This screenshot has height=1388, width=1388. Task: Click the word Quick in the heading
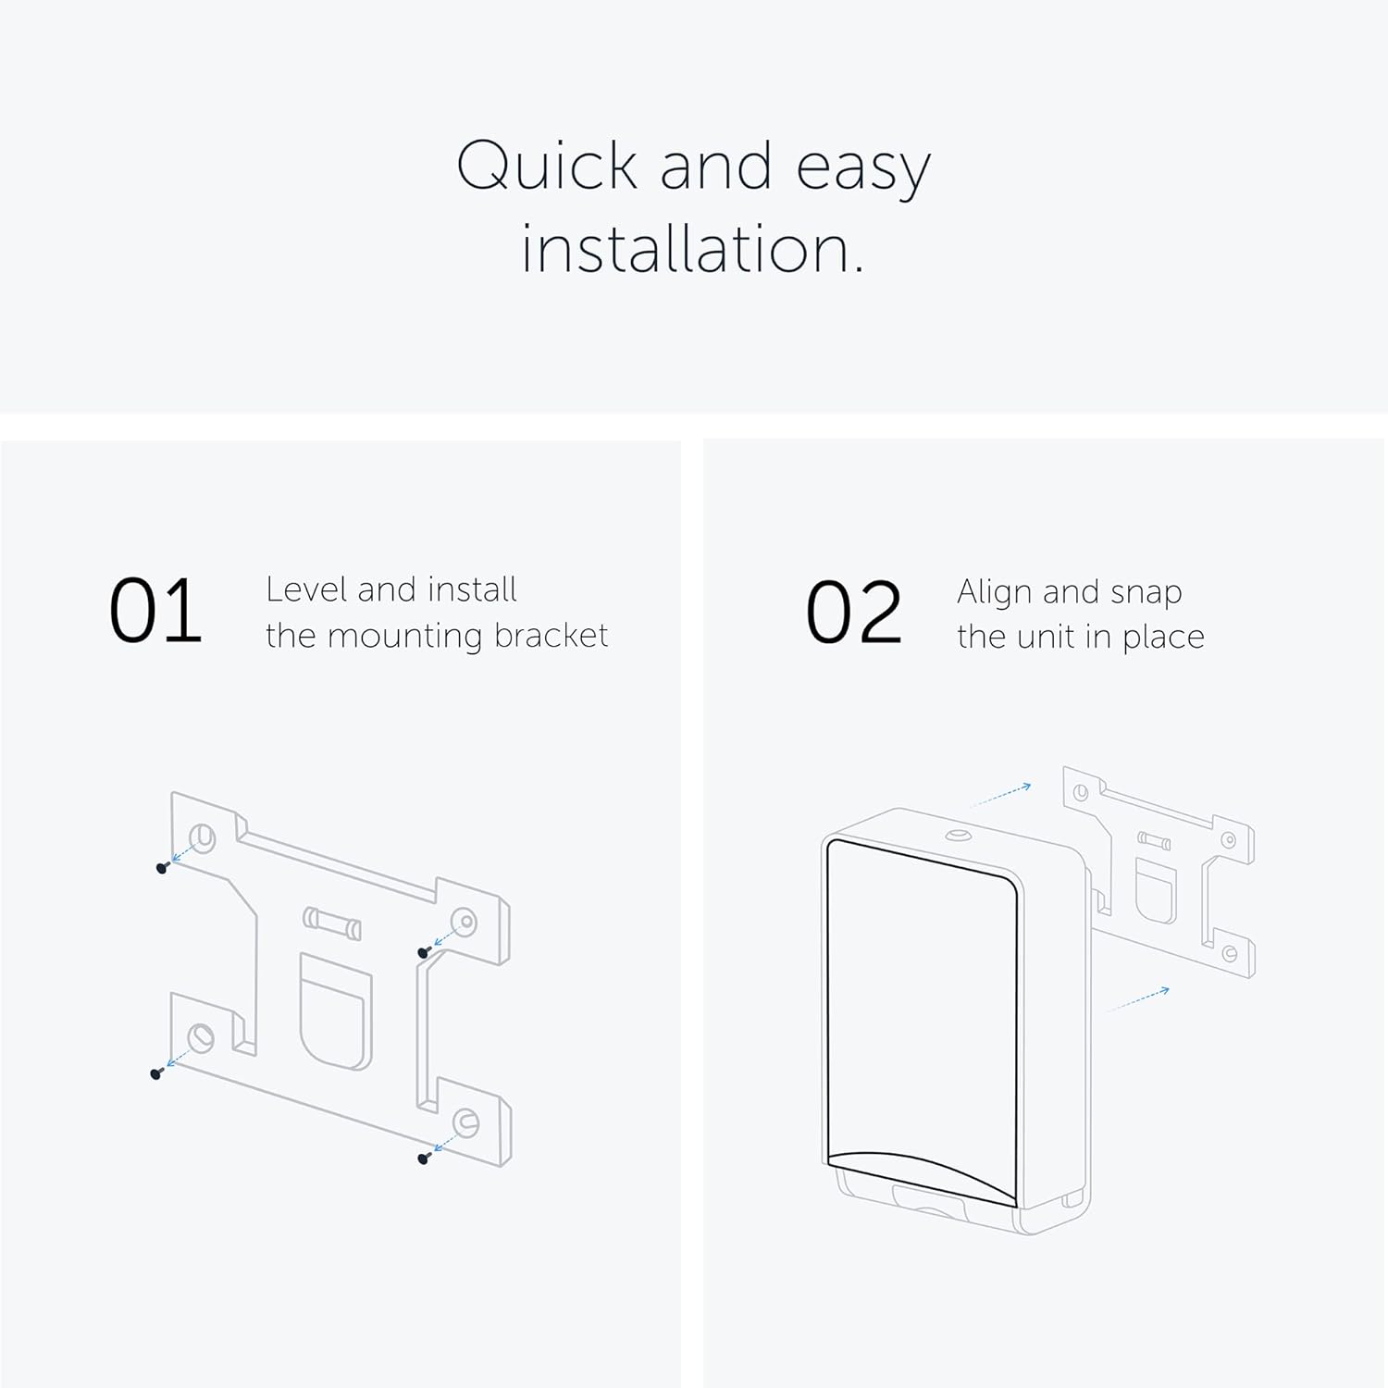pos(548,167)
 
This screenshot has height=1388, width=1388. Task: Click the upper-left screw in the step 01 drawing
pos(162,868)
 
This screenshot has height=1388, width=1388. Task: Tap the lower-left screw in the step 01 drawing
pos(155,1073)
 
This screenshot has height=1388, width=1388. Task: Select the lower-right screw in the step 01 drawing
pos(424,1158)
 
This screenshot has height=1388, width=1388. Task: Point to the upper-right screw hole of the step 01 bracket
pos(465,921)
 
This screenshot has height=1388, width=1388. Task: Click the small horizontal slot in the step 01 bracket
pos(331,923)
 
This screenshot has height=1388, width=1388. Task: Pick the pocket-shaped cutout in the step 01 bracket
pos(336,1012)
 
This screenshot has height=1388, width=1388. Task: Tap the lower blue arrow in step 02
pos(1138,999)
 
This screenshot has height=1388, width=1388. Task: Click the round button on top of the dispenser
pos(957,836)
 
